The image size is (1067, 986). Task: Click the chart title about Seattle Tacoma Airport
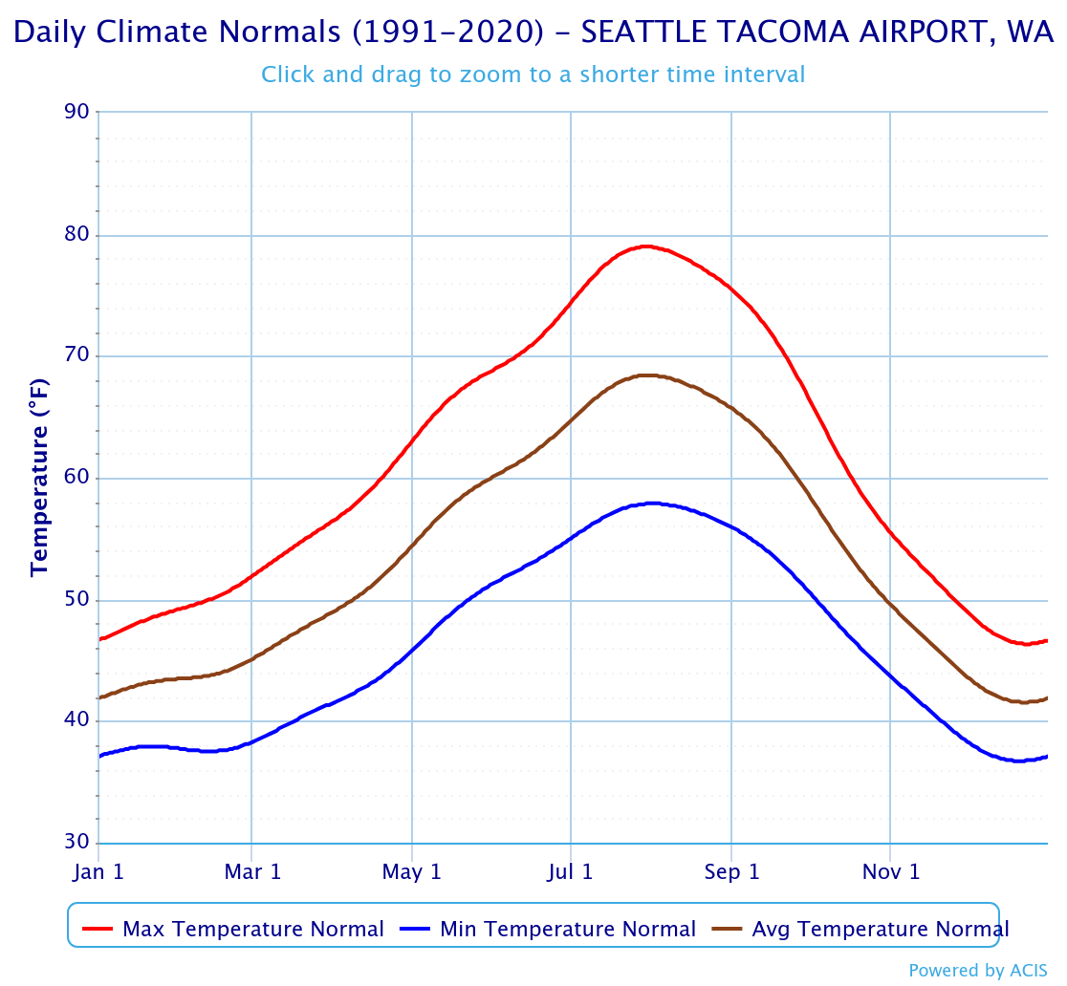click(533, 32)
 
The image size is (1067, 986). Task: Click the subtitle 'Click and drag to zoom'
click(533, 74)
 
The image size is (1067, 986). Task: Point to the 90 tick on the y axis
click(78, 113)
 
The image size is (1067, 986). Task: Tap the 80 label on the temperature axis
click(78, 235)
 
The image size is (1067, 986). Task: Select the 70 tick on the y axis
click(78, 356)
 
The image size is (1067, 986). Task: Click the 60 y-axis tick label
click(78, 479)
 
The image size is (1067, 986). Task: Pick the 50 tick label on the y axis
click(78, 600)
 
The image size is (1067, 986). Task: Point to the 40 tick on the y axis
click(78, 721)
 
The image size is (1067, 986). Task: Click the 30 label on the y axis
click(78, 843)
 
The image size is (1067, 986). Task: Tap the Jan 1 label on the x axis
click(98, 872)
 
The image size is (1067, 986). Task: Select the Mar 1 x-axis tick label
click(251, 872)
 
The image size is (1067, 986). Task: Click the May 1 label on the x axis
click(412, 872)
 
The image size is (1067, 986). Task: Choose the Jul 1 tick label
click(571, 872)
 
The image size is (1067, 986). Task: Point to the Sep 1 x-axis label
click(731, 872)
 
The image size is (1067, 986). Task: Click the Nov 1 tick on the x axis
click(890, 872)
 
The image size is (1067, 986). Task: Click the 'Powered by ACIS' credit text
click(978, 971)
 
